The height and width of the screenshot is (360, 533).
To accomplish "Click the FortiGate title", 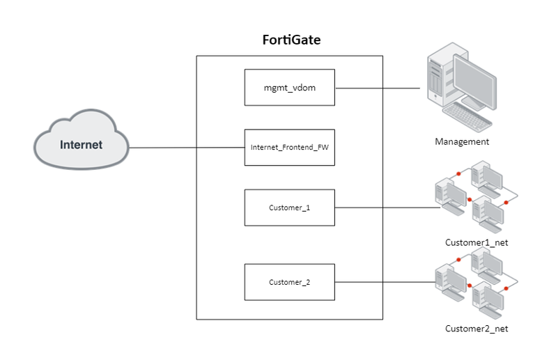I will point(290,40).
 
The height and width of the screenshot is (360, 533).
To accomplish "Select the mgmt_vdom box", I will point(290,88).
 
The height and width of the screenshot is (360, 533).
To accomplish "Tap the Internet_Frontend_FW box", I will point(290,148).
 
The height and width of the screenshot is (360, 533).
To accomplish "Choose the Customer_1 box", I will point(290,208).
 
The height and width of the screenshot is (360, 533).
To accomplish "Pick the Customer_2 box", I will point(290,282).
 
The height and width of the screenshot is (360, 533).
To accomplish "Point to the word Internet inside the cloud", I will point(82,146).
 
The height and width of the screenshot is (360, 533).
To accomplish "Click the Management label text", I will point(462,142).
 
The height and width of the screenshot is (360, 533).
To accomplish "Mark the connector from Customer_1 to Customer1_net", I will point(383,208).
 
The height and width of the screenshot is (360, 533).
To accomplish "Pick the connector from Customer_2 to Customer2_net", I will point(383,282).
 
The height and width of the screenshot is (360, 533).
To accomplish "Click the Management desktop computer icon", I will point(459,86).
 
